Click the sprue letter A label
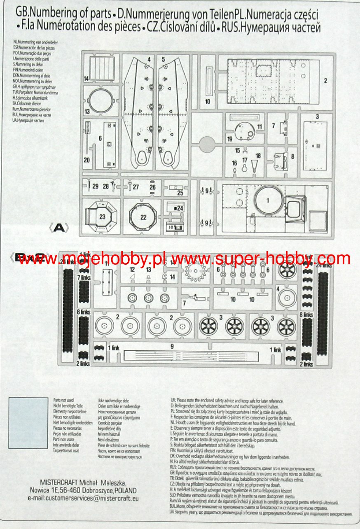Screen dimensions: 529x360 [59, 228]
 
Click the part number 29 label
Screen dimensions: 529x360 [95, 186]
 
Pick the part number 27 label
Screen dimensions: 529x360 [136, 186]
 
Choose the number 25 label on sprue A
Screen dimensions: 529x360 [180, 193]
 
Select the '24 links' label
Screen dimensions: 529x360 [324, 265]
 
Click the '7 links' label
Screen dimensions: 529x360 [84, 278]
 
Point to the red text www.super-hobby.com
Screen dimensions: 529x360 [260, 259]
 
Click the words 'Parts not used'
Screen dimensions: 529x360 [63, 400]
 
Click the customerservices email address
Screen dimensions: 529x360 [83, 498]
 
